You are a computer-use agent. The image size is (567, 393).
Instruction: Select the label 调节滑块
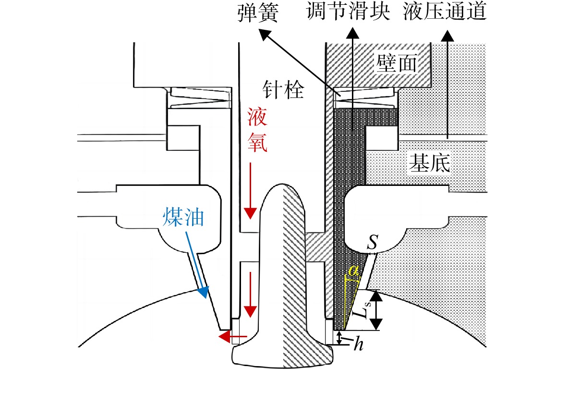coord(348,11)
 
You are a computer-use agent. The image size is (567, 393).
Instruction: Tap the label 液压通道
coord(445,11)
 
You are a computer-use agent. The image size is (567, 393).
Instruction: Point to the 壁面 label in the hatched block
coord(397,63)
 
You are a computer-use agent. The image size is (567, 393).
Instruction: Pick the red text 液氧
coord(257,130)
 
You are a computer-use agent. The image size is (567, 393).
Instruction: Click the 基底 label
coord(430,163)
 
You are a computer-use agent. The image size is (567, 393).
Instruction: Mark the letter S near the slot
coord(373,242)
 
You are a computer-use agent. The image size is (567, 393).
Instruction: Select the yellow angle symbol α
coord(353,270)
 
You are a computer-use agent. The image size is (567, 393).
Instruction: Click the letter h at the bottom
coord(358,344)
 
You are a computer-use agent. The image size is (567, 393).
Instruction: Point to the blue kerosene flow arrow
coord(197,265)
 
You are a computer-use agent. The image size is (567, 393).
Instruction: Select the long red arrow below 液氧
coord(250,191)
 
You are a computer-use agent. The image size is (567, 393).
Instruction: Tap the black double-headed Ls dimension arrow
coord(376,310)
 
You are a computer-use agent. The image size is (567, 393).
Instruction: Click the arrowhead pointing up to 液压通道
coord(447,36)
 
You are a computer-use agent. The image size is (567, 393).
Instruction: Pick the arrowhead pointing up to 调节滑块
coord(352,33)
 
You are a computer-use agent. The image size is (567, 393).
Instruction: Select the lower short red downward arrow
coord(250,295)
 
